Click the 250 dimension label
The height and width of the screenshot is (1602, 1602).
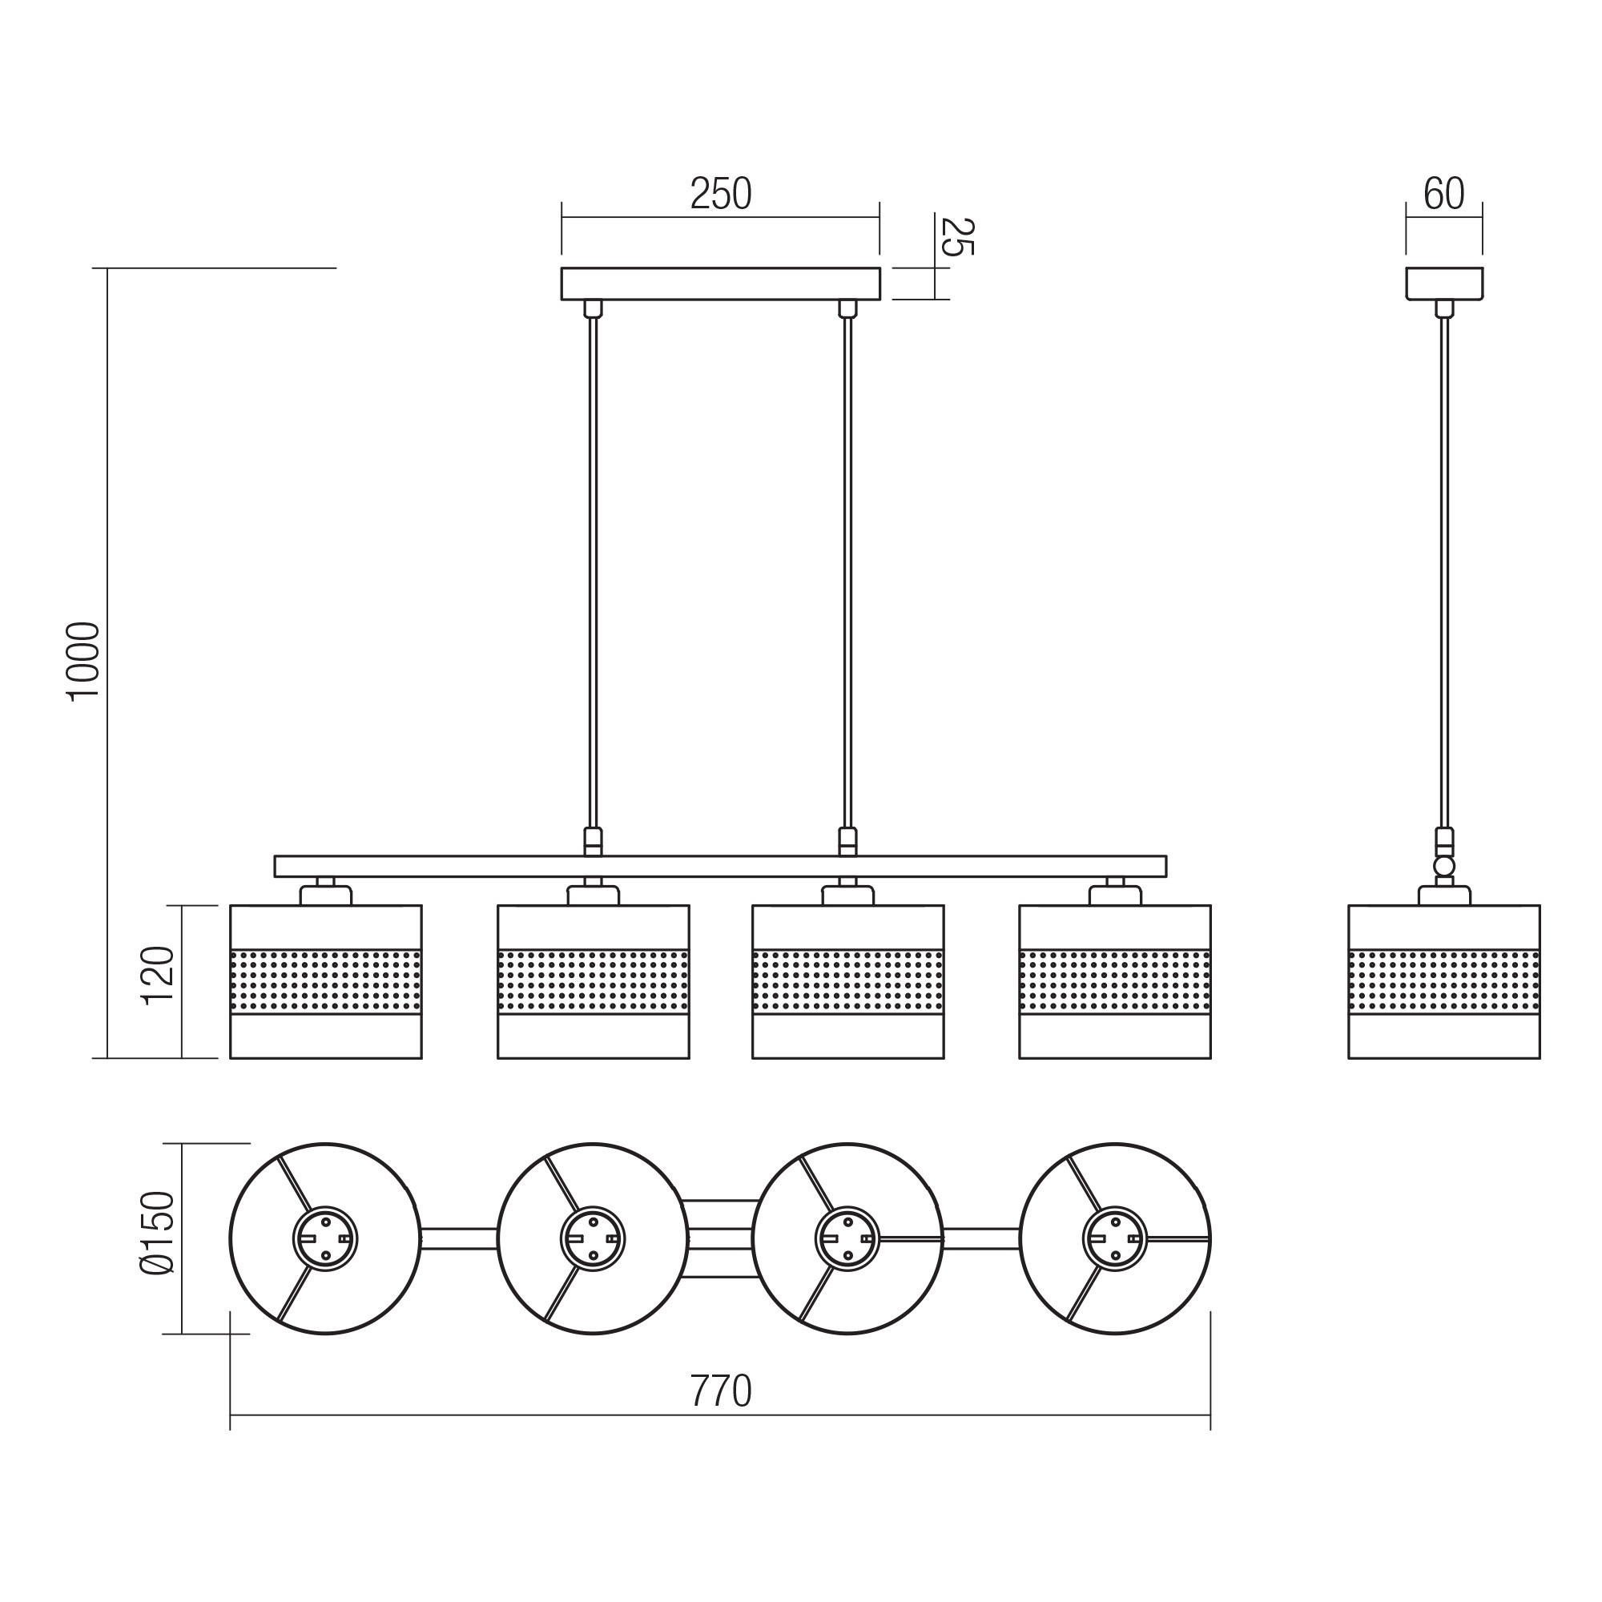[721, 194]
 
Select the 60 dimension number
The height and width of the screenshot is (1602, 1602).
[1443, 194]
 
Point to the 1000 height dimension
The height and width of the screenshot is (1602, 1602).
[84, 661]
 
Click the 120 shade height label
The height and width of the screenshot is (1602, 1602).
[159, 976]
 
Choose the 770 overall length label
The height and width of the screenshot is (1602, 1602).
[721, 1391]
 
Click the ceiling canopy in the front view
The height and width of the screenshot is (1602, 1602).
[721, 284]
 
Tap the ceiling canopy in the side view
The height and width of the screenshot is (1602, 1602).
[1444, 284]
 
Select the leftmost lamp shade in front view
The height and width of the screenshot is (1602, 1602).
[326, 982]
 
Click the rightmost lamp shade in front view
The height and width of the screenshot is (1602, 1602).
[1115, 982]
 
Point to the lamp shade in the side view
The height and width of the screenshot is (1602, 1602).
[1444, 982]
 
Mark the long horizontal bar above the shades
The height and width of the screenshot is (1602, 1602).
[721, 867]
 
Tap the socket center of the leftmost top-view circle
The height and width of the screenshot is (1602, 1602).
[326, 1239]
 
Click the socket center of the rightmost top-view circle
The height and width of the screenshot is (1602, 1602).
[1115, 1239]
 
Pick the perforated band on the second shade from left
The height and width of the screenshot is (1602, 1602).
[594, 982]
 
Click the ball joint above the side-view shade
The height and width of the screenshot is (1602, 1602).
[1444, 867]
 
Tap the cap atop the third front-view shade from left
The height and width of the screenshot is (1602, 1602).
[848, 895]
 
